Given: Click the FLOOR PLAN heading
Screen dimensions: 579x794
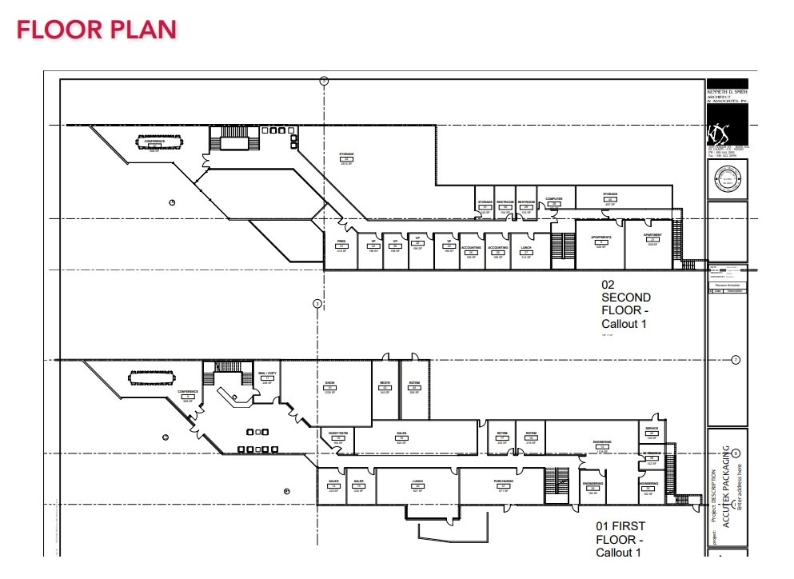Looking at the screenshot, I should pyautogui.click(x=96, y=30).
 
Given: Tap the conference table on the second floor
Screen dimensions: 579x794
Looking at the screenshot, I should pyautogui.click(x=155, y=146).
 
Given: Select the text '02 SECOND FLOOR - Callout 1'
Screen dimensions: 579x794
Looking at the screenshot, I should pyautogui.click(x=626, y=304).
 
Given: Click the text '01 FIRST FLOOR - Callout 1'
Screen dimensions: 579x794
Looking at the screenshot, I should pyautogui.click(x=620, y=539).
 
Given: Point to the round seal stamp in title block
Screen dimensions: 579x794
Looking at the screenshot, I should pyautogui.click(x=727, y=182).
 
